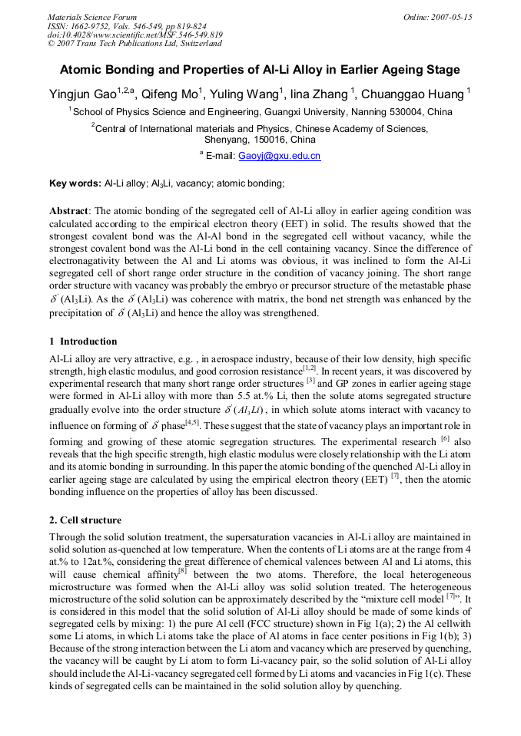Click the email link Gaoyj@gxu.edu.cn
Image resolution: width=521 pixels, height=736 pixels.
point(279,156)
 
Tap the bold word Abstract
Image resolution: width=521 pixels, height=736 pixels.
point(69,210)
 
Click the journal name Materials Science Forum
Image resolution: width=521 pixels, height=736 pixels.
point(91,17)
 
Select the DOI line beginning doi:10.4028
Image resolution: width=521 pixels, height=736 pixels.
point(134,35)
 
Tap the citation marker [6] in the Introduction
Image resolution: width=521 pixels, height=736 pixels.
point(444,438)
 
